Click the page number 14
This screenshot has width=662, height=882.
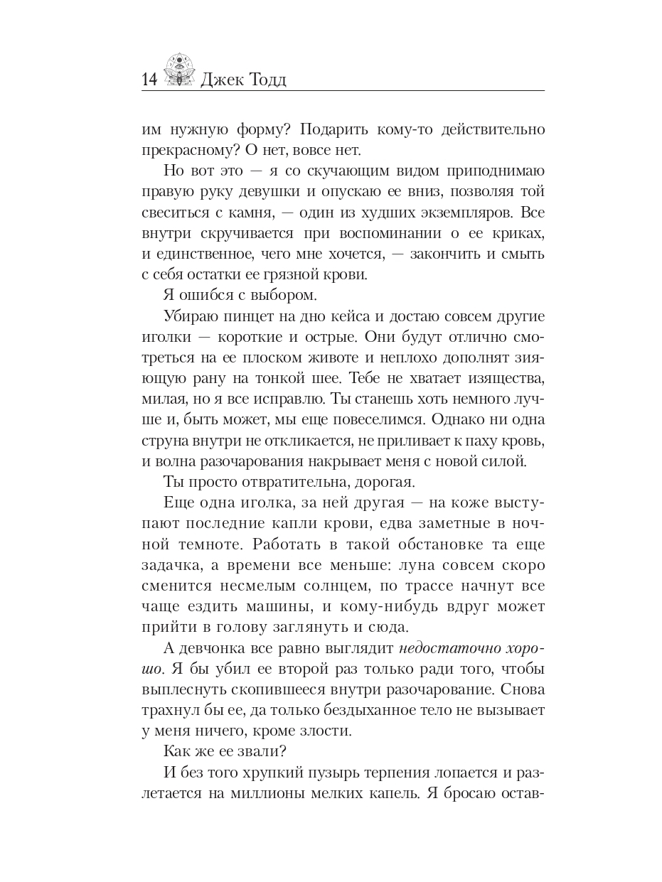pos(149,80)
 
